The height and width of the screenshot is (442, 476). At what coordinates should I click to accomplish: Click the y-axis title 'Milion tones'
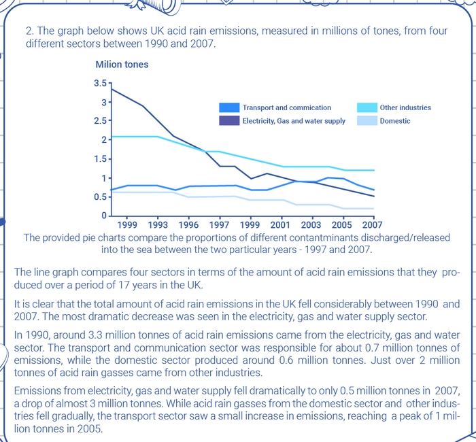click(x=122, y=65)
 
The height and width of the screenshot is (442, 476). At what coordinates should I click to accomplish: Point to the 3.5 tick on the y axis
click(x=101, y=83)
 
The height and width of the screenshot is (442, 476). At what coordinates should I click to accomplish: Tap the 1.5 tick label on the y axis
click(x=100, y=159)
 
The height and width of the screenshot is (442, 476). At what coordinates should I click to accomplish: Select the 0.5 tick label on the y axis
click(x=100, y=197)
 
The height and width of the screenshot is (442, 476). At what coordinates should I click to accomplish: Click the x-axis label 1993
click(x=158, y=224)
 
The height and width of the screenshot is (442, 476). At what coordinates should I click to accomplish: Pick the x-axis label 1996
click(x=188, y=224)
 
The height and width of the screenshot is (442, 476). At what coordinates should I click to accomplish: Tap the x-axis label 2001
click(x=280, y=224)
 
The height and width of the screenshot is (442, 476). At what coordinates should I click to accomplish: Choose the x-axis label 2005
click(x=341, y=224)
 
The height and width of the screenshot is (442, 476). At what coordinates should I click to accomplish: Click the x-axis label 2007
click(x=372, y=224)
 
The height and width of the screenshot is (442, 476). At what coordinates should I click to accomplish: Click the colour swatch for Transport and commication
click(x=229, y=107)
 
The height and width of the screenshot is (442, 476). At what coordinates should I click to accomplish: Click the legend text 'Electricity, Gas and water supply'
click(x=294, y=121)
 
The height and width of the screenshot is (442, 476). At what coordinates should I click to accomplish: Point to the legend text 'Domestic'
click(x=395, y=121)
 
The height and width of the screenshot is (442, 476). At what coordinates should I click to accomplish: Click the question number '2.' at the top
click(x=29, y=31)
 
